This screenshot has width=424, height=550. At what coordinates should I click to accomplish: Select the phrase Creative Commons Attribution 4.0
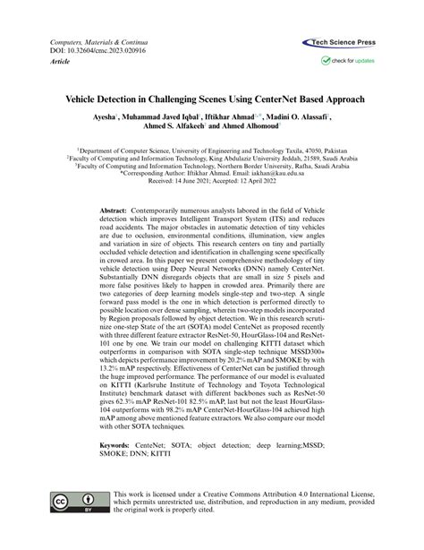click(260, 496)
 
